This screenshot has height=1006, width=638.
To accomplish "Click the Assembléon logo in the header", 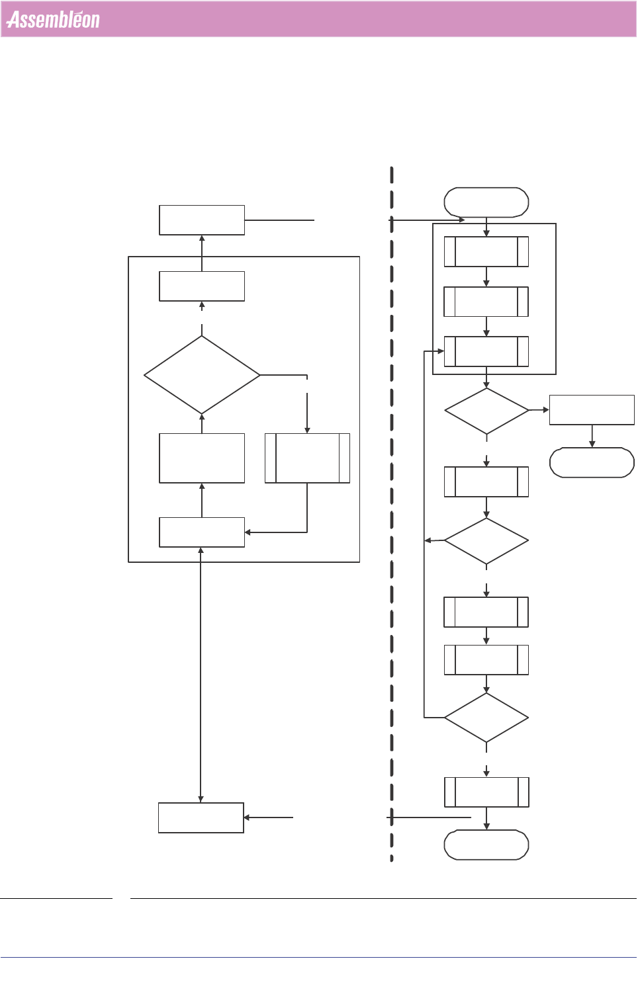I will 53,20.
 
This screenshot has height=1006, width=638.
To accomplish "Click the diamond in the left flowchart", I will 202,375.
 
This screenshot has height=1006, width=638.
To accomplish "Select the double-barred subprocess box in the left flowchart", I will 307,458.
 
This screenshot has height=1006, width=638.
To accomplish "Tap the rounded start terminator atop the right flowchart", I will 486,202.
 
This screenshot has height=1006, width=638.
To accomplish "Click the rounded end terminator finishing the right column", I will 486,845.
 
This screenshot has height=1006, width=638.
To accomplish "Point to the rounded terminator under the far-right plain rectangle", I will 592,462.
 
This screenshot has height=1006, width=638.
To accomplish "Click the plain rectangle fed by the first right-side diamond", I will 592,410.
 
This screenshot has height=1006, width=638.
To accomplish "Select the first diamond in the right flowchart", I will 486,411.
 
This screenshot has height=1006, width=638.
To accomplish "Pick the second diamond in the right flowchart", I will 486,541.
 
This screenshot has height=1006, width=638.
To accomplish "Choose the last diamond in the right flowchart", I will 486,718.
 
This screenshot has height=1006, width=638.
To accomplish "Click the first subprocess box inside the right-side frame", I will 486,252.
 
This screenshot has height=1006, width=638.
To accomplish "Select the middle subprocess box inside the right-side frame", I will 486,302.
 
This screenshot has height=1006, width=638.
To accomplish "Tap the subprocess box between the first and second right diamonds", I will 486,482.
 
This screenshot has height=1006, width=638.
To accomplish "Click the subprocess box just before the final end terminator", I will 486,792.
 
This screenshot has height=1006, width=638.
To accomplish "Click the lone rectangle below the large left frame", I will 201,817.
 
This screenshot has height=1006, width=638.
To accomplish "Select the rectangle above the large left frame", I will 202,220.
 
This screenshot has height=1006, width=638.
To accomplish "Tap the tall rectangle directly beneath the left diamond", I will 202,458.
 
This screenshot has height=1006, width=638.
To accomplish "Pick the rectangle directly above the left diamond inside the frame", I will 202,286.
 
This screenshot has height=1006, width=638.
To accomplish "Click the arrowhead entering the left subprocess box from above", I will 307,430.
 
